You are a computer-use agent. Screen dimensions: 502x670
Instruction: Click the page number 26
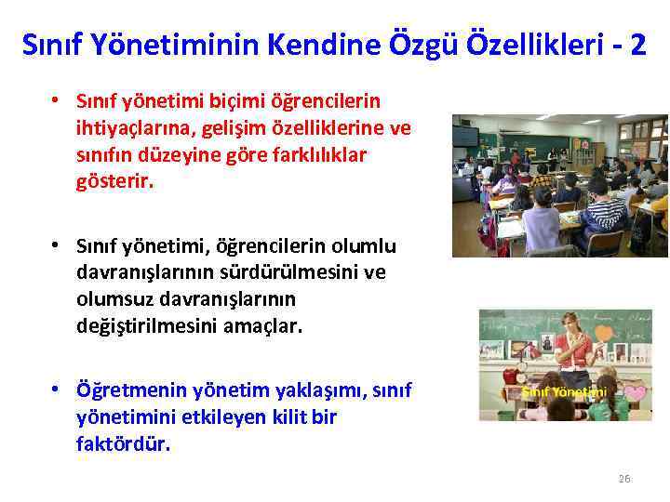(623, 479)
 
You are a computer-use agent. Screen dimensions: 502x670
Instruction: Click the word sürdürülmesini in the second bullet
(283, 273)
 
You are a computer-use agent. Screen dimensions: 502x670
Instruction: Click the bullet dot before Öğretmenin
(57, 390)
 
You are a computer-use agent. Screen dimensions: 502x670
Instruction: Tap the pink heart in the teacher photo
(635, 393)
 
